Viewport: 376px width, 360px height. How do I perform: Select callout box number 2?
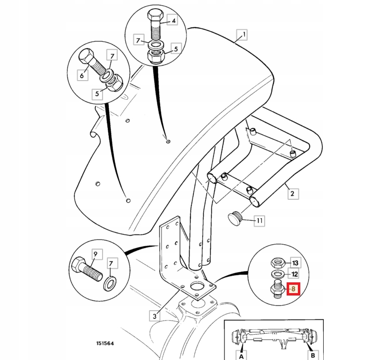[x=292, y=194]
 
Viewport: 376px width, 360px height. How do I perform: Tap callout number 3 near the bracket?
[x=154, y=316]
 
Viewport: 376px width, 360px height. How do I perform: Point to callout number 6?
[x=82, y=75]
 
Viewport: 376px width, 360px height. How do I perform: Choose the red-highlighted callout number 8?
[x=293, y=289]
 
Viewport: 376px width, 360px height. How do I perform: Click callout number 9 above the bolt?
[x=95, y=254]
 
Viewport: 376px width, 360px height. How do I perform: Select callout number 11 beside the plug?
[x=259, y=221]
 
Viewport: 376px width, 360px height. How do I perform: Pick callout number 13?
[x=294, y=262]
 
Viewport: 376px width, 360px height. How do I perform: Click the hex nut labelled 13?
[x=276, y=262]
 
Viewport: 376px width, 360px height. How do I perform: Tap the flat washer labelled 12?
[x=276, y=274]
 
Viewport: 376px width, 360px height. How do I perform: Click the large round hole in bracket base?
[x=198, y=287]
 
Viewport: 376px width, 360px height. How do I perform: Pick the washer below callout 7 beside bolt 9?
[x=110, y=282]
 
